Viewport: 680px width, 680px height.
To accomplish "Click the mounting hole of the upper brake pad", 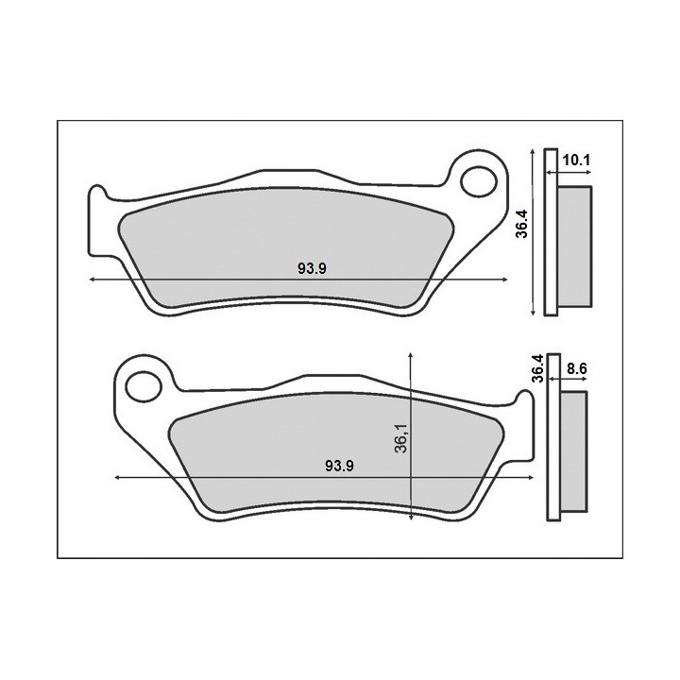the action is click(x=478, y=181).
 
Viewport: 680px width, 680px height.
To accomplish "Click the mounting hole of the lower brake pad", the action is click(x=144, y=385).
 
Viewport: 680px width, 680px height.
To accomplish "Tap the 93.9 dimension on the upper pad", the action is click(x=312, y=269).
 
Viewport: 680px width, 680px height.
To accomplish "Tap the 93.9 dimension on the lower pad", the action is click(x=340, y=467).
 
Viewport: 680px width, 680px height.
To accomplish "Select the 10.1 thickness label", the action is click(x=576, y=161).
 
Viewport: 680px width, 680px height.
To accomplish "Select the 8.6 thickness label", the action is click(x=577, y=368).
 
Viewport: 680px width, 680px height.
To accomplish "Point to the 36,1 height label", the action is click(x=401, y=438).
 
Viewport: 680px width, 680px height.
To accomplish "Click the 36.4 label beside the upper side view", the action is click(x=521, y=224).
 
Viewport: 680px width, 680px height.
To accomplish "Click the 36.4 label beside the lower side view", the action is click(x=537, y=368).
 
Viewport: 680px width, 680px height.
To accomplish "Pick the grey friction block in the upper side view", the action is click(x=574, y=246).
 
